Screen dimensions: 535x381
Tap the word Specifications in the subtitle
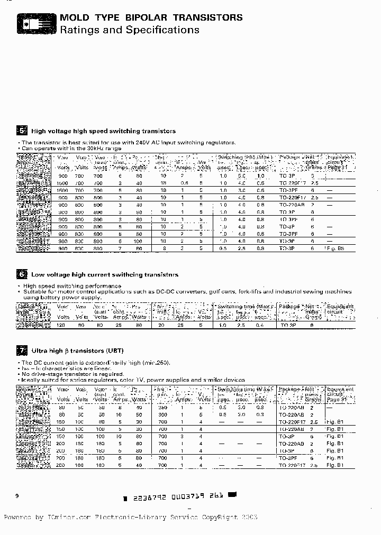pyautogui.click(x=162, y=30)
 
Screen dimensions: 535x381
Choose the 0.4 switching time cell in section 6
pyautogui.click(x=260, y=326)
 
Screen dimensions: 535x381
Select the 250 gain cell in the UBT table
pyautogui.click(x=162, y=408)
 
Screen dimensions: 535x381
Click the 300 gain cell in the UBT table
pyautogui.click(x=162, y=415)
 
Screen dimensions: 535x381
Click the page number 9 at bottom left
pyautogui.click(x=17, y=495)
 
